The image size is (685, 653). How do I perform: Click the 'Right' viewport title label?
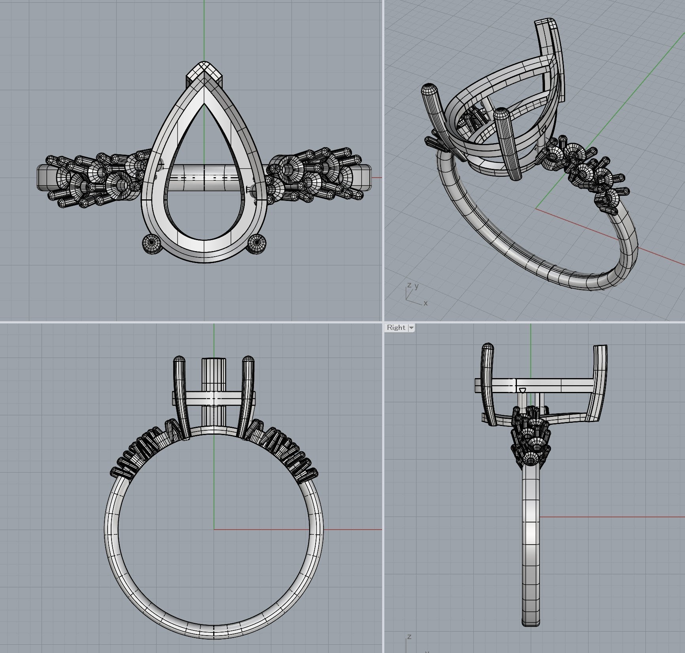[x=396, y=327]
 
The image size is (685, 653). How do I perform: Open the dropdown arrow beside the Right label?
[x=411, y=328]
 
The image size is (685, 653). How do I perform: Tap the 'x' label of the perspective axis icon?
[x=426, y=303]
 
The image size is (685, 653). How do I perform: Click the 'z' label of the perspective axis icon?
[x=409, y=285]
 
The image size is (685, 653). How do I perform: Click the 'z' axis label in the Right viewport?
[x=409, y=636]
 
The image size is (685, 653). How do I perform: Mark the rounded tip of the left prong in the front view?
[x=180, y=360]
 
